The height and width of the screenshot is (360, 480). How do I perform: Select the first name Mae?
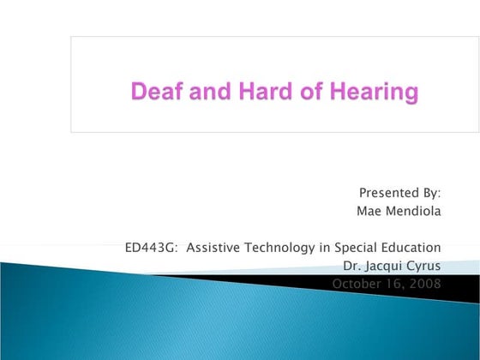click(369, 211)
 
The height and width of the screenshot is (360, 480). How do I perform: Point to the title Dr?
click(351, 266)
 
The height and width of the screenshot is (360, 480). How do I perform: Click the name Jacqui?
click(384, 266)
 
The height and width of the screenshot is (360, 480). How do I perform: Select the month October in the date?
click(357, 284)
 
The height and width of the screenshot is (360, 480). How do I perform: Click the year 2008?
click(425, 284)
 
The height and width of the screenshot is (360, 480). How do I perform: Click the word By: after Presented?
click(430, 193)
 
